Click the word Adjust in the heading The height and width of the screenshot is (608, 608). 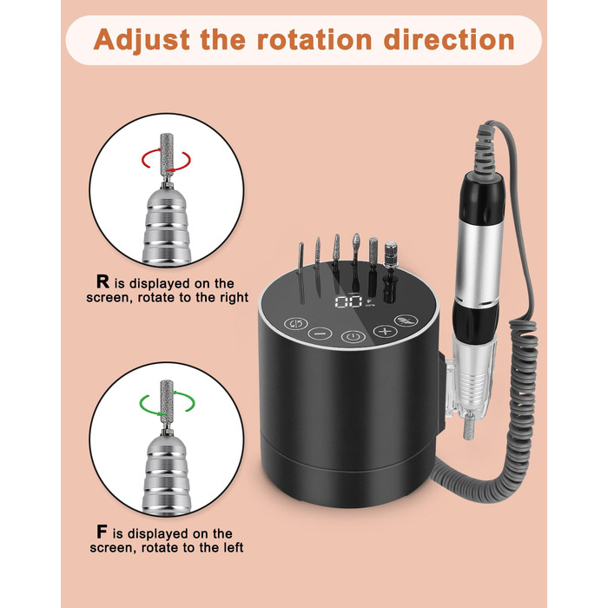tap(142, 40)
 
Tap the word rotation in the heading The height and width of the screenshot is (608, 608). tap(314, 40)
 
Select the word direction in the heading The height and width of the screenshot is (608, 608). tap(449, 40)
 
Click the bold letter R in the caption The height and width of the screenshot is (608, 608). tap(102, 281)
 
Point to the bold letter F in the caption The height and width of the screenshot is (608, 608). tap(102, 532)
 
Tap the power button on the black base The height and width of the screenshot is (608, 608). tap(354, 336)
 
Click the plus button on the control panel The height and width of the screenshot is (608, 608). tap(385, 331)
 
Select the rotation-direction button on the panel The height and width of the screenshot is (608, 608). tap(296, 323)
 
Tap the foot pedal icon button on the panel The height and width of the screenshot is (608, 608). tap(406, 321)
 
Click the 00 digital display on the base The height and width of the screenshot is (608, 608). tap(347, 301)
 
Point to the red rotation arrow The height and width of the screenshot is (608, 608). tap(166, 159)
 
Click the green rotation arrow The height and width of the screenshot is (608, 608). tap(167, 403)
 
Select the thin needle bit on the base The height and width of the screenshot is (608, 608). tap(301, 271)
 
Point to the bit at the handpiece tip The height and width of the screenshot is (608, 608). tap(468, 426)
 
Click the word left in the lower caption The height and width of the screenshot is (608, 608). tap(233, 547)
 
